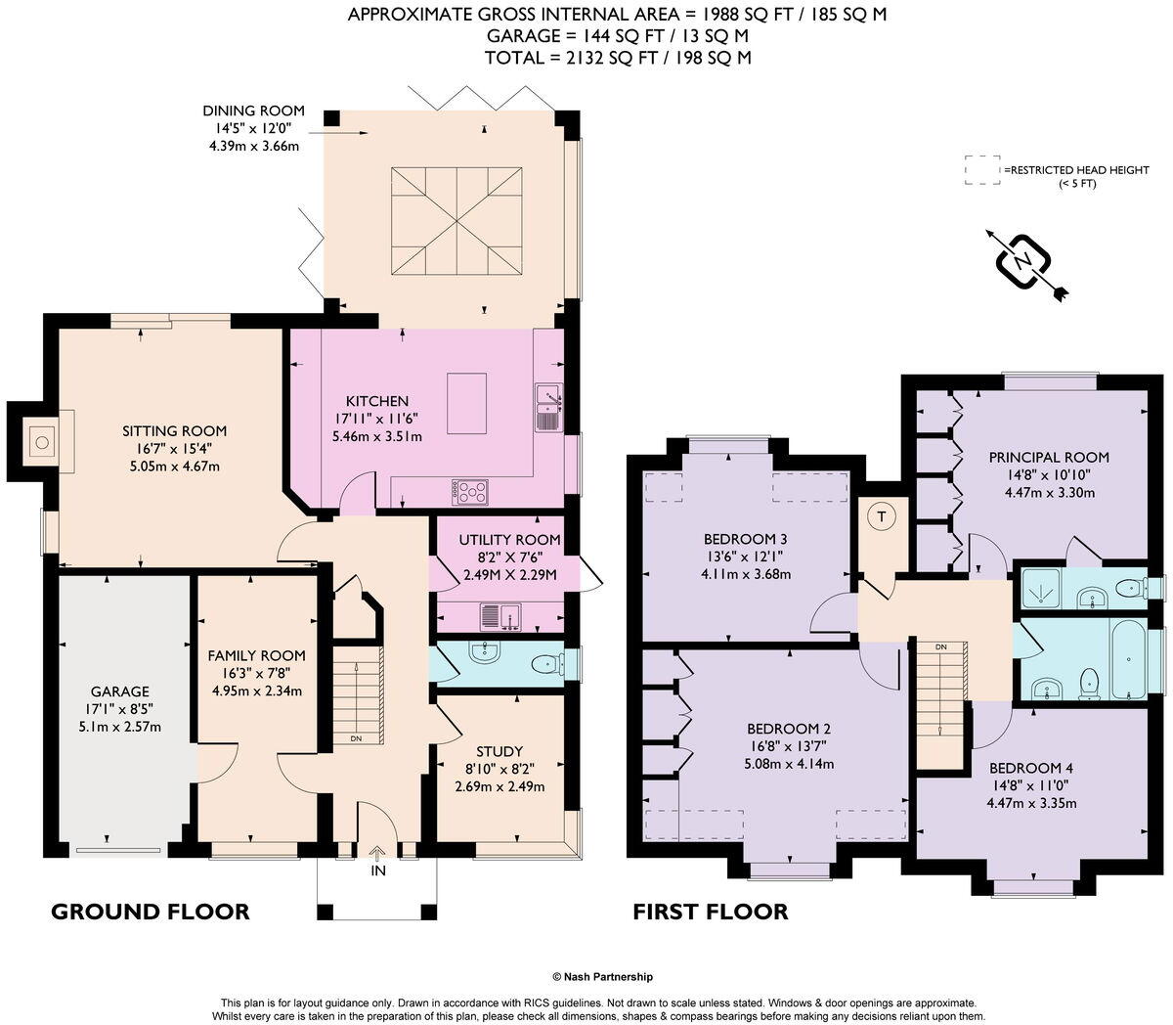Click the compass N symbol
[1022, 261]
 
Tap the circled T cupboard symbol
[883, 517]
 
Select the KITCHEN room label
[376, 401]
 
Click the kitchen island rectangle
[467, 403]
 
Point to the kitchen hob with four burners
[470, 492]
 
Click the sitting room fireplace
[41, 443]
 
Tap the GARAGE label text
[120, 691]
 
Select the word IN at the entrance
[377, 869]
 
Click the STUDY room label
[500, 751]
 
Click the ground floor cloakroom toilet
[545, 664]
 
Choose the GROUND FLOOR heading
[150, 912]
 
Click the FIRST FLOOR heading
[710, 912]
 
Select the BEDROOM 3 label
[745, 539]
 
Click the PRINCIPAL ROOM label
[1049, 457]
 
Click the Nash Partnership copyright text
[602, 976]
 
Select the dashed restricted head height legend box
[981, 169]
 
